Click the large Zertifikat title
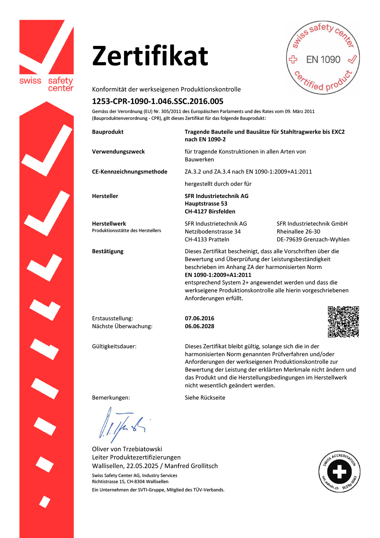pyautogui.click(x=150, y=56)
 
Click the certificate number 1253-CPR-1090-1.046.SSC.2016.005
pyautogui.click(x=158, y=102)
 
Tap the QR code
pyautogui.click(x=343, y=322)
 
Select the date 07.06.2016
pyautogui.click(x=199, y=318)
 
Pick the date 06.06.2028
pyautogui.click(x=199, y=326)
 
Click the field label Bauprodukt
pyautogui.click(x=108, y=132)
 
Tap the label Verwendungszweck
pyautogui.click(x=119, y=152)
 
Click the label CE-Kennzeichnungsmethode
pyautogui.click(x=130, y=172)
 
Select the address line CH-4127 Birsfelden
pyautogui.click(x=210, y=212)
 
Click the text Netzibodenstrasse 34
pyautogui.click(x=213, y=232)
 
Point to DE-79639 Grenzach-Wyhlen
pyautogui.click(x=313, y=240)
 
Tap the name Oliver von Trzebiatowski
pyautogui.click(x=127, y=449)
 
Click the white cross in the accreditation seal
pyautogui.click(x=339, y=471)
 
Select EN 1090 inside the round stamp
pyautogui.click(x=323, y=60)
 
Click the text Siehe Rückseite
pyautogui.click(x=205, y=398)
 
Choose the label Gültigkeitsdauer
pyautogui.click(x=114, y=346)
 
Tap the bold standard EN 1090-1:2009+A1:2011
pyautogui.click(x=218, y=275)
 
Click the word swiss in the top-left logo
pyautogui.click(x=30, y=81)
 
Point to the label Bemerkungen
pyautogui.click(x=111, y=398)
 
